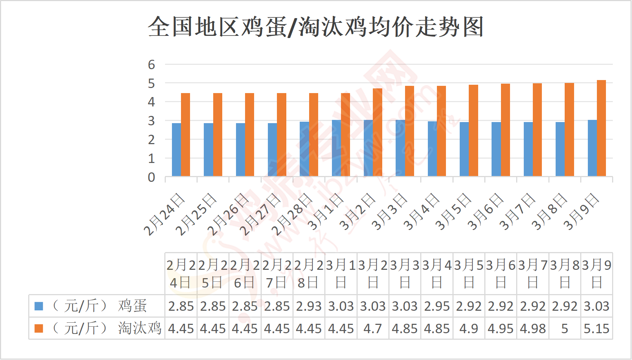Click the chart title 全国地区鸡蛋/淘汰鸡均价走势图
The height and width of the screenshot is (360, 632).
pyautogui.click(x=316, y=27)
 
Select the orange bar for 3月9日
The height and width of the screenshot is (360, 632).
pyautogui.click(x=601, y=128)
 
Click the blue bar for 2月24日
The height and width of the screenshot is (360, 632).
pyautogui.click(x=176, y=150)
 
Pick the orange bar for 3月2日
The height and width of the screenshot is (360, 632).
pyautogui.click(x=378, y=132)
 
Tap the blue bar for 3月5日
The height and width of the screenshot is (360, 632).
pyautogui.click(x=464, y=149)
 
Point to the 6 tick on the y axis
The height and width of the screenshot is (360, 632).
pyautogui.click(x=151, y=64)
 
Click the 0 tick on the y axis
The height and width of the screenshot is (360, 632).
pyautogui.click(x=151, y=177)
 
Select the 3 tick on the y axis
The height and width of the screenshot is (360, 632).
pyautogui.click(x=151, y=121)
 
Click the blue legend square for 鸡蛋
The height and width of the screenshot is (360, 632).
pyautogui.click(x=39, y=306)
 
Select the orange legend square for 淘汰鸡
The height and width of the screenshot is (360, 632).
pyautogui.click(x=39, y=328)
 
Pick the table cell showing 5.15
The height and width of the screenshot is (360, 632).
pyautogui.click(x=597, y=328)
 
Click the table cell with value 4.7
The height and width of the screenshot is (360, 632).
pyautogui.click(x=373, y=328)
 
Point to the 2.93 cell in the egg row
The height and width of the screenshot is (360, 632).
pyautogui.click(x=309, y=306)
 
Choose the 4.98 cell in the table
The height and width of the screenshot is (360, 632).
pyautogui.click(x=533, y=328)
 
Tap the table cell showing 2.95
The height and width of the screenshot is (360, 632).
pyautogui.click(x=437, y=306)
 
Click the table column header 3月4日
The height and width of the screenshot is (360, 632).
pyautogui.click(x=437, y=274)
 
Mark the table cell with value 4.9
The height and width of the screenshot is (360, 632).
pyautogui.click(x=469, y=328)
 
